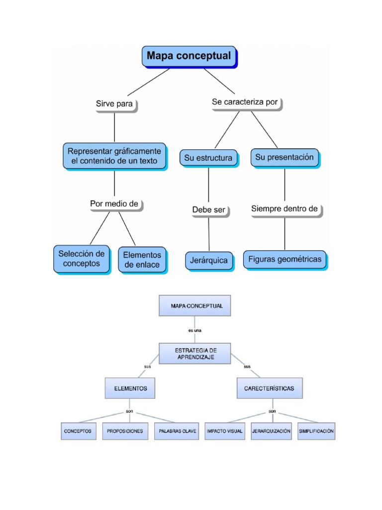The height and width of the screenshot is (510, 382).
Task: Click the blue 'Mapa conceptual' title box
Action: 189,56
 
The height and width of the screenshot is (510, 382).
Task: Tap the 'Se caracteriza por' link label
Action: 245,102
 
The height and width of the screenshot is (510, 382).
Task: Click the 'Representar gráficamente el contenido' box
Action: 114,155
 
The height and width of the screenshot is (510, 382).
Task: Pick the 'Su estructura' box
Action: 208,158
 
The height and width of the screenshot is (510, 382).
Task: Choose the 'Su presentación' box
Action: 285,157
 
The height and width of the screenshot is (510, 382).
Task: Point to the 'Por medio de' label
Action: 114,204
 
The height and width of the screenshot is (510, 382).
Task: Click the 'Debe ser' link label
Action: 209,210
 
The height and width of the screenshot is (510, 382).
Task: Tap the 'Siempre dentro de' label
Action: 285,209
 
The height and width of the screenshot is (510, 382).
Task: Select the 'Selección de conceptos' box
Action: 81,258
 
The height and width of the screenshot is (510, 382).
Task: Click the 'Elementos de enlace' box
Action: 142,260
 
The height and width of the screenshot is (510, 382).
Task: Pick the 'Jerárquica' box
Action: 209,260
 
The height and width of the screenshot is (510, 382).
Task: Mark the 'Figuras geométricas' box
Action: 285,259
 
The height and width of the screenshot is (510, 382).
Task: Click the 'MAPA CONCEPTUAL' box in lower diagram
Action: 195,305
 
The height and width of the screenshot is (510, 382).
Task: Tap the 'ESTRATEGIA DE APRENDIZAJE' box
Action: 195,354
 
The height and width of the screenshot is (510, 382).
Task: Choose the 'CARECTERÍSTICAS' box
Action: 269,388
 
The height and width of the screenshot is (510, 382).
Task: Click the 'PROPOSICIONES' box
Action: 125,431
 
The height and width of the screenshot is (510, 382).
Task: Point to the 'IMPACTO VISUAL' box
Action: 224,431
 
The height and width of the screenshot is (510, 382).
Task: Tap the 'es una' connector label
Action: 195,330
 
